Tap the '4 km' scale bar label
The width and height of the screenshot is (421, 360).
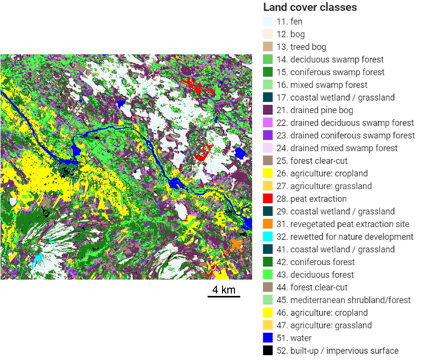pos(223,288)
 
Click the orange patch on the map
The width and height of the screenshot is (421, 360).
pos(237,244)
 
